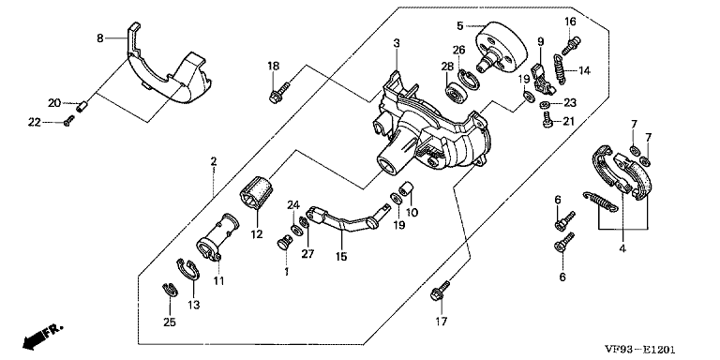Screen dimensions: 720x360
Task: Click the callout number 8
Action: [100, 38]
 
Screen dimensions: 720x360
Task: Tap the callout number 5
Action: [460, 25]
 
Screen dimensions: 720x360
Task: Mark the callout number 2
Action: [214, 161]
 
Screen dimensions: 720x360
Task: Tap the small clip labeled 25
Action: [169, 291]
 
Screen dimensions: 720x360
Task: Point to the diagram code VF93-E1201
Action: [639, 350]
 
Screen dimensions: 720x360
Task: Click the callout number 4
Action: [622, 249]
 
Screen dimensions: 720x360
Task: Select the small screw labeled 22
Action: [68, 121]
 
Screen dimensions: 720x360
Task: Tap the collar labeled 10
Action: [406, 188]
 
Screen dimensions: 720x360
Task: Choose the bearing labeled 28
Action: [457, 91]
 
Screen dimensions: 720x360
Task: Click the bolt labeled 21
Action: [547, 120]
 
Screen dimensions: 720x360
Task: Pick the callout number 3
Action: [397, 43]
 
